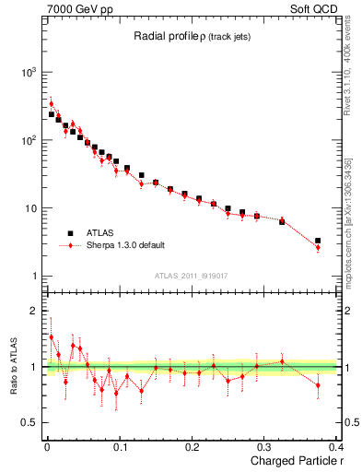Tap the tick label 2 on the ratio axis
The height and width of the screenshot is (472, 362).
[32, 311]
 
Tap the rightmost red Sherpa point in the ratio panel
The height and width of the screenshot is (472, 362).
[318, 385]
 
